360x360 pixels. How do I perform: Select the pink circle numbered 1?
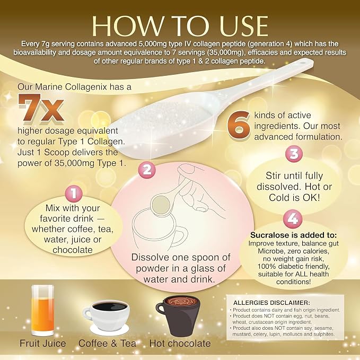click(x=74, y=194)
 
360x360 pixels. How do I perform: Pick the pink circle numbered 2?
click(x=147, y=170)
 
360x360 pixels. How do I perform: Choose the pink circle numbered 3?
click(x=294, y=154)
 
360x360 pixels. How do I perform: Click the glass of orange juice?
click(x=42, y=311)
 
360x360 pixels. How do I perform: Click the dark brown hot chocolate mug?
click(x=178, y=317)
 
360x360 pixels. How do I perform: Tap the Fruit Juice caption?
click(x=43, y=344)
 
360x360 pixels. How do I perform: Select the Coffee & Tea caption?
click(x=107, y=344)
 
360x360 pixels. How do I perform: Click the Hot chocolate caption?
click(x=180, y=344)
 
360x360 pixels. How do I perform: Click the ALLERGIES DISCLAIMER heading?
click(x=271, y=303)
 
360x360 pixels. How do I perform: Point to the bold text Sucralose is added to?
click(x=293, y=235)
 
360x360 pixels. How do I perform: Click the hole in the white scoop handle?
click(x=303, y=62)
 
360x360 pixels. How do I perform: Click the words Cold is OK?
click(x=294, y=197)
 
